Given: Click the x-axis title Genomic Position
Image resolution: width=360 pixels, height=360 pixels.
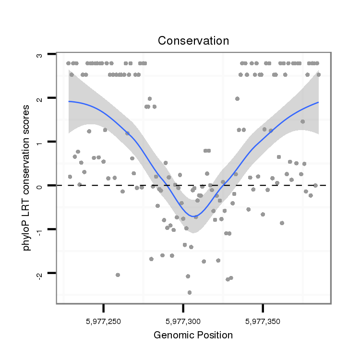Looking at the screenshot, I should [x=193, y=335].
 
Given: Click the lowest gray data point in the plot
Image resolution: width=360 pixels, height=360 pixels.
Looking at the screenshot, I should [x=190, y=292].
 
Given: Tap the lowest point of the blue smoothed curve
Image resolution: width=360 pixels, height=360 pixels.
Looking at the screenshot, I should [x=194, y=216].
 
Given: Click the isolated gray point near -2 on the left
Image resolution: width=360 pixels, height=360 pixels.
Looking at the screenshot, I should [x=118, y=275].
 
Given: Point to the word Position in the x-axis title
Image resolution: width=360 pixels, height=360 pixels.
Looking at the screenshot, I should [x=215, y=335].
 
